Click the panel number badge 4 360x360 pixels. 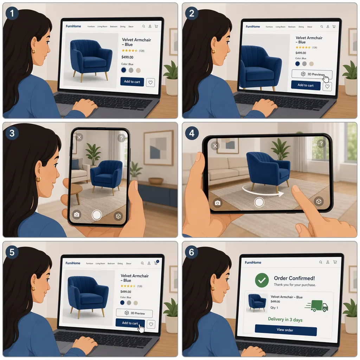tap(192, 134)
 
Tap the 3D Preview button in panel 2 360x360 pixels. tap(311, 74)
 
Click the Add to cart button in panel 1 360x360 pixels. tap(132, 82)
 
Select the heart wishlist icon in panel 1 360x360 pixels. tap(150, 82)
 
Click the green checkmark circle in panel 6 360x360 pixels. tap(262, 281)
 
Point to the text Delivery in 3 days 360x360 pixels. tap(285, 320)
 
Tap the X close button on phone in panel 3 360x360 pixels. tap(79, 137)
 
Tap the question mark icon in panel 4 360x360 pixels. tap(320, 143)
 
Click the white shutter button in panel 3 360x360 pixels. tap(97, 215)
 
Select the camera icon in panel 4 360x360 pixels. tap(218, 203)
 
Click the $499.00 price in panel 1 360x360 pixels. tap(127, 57)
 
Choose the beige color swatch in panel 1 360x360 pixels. tap(138, 70)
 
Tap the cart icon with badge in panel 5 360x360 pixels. tap(156, 263)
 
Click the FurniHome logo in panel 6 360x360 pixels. tap(253, 262)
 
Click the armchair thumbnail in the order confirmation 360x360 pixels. tap(257, 302)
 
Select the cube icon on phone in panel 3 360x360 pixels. tap(118, 216)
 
